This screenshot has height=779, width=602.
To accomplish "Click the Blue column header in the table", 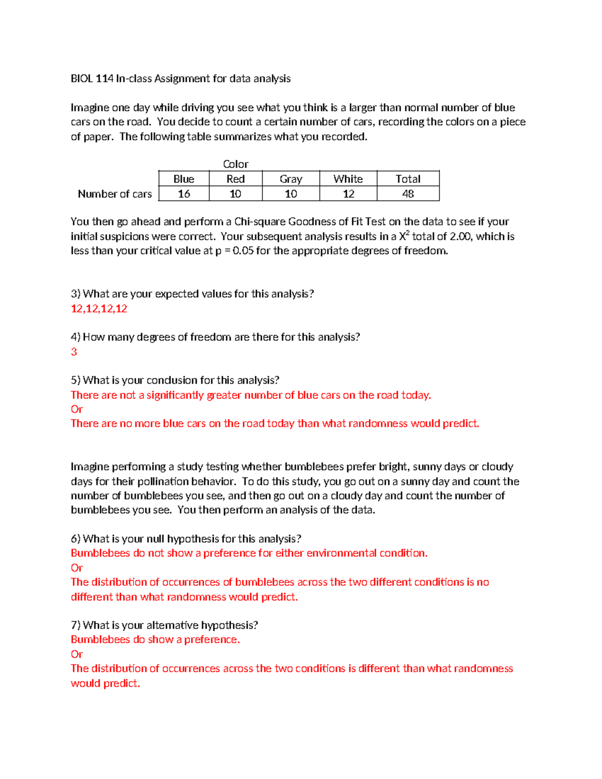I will click(x=184, y=179).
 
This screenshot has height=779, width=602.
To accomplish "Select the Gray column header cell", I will click(x=290, y=179).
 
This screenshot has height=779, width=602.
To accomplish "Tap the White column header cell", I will click(x=348, y=179).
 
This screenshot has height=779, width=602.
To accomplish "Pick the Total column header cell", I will click(x=408, y=179).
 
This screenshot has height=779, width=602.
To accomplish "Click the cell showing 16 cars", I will click(x=184, y=194).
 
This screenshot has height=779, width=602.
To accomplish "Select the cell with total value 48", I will click(x=408, y=194).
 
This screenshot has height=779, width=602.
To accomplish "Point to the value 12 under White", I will click(x=348, y=194).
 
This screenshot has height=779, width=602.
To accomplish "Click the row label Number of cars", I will click(x=114, y=194).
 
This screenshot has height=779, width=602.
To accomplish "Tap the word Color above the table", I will click(x=235, y=165).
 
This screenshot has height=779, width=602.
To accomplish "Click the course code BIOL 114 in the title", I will click(x=92, y=79).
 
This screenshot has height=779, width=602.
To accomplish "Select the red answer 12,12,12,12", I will click(x=99, y=308).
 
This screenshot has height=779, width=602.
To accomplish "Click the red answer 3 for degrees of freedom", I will click(x=74, y=352).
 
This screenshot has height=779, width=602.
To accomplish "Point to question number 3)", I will click(x=75, y=294).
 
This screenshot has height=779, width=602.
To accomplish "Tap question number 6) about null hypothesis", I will click(x=75, y=539).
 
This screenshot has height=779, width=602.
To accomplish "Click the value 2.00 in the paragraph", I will click(x=461, y=237).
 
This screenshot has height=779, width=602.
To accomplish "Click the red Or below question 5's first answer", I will click(x=77, y=409).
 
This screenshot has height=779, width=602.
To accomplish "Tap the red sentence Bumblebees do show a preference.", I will click(x=155, y=640).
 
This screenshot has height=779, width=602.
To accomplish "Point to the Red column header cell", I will click(x=235, y=179).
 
